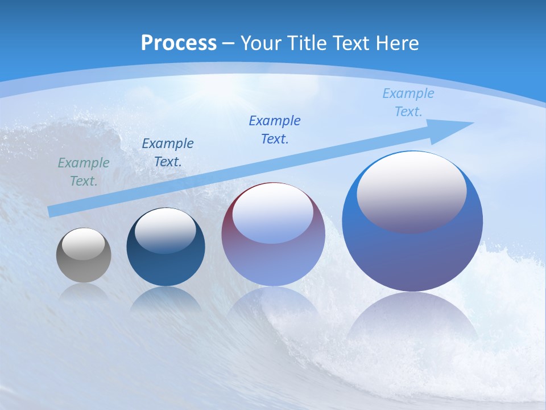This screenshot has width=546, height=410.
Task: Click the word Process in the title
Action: click(x=179, y=43)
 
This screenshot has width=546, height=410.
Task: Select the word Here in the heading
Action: click(x=398, y=43)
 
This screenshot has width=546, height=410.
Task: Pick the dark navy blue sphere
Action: click(x=166, y=268)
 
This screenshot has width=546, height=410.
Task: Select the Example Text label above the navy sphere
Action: click(x=168, y=153)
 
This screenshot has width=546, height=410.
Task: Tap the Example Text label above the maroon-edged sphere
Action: click(x=275, y=130)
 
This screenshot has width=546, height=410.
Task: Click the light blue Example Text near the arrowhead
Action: click(x=408, y=102)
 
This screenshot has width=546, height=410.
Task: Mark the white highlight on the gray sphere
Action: click(x=84, y=244)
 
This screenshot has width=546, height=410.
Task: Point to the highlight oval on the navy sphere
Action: click(x=166, y=229)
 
